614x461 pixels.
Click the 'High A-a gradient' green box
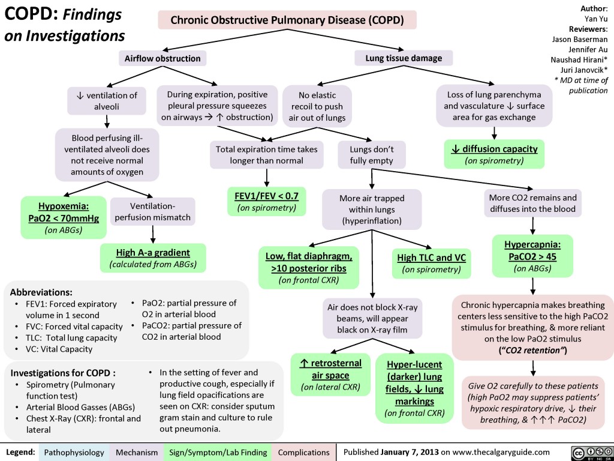point(153,257)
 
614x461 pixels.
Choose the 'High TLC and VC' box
point(432,263)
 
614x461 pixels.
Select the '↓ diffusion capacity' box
point(495,154)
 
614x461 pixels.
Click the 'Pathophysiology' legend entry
point(74,451)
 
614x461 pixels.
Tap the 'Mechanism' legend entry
point(137,451)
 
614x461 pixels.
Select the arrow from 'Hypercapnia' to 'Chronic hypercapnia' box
point(532,286)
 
